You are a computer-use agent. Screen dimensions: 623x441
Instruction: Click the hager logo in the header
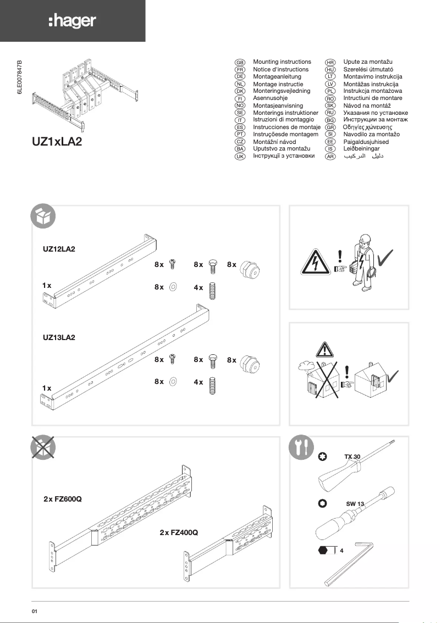coord(72,21)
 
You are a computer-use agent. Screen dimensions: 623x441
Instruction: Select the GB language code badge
coord(240,63)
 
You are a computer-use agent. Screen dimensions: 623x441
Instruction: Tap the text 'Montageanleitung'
coord(277,77)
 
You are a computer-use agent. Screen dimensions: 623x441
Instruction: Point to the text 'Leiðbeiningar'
coord(361,149)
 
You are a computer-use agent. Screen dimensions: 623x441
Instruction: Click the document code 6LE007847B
coord(20,79)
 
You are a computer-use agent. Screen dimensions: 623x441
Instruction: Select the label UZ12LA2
coord(59,249)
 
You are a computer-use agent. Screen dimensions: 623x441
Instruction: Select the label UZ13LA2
coord(59,337)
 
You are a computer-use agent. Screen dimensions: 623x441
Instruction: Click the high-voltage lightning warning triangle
coord(315,265)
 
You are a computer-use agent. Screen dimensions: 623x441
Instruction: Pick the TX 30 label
coord(352,457)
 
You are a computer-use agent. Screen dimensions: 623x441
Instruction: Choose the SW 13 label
coord(355,504)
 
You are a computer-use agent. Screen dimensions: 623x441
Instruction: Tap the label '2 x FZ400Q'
coord(179,533)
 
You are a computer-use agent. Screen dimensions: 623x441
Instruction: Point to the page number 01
coord(34,610)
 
